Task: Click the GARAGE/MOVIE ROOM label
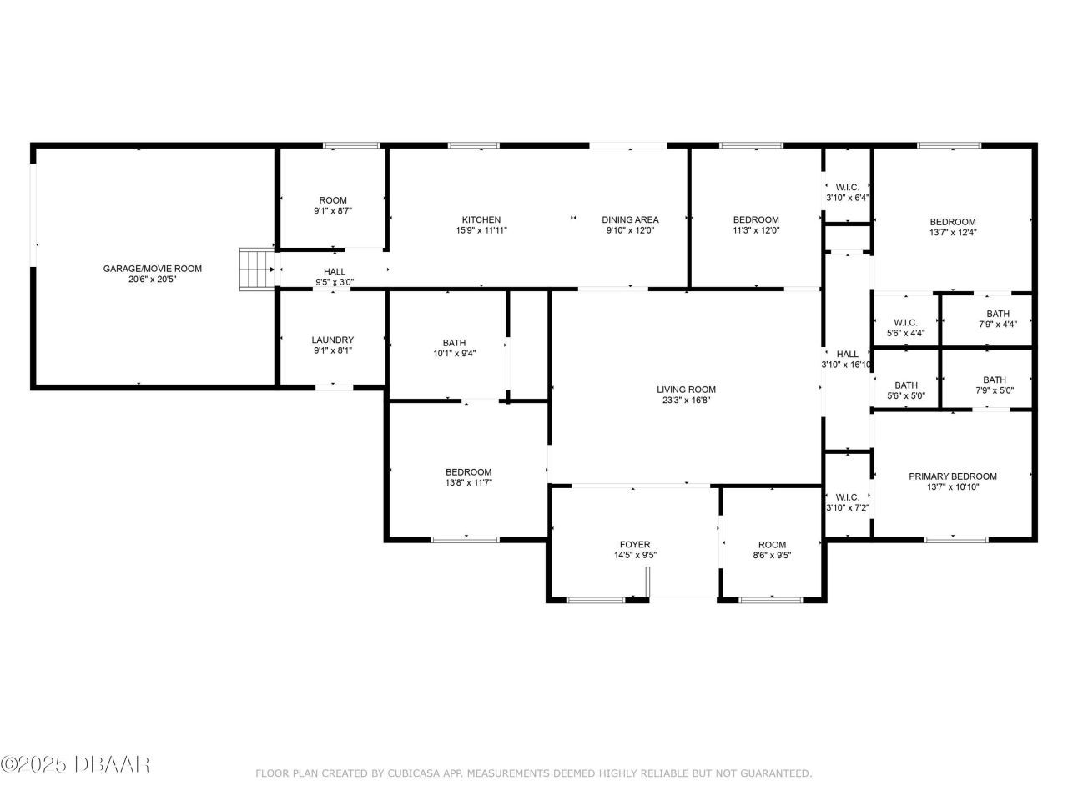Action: pos(153,269)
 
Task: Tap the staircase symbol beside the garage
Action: pos(257,270)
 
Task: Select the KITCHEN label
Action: pos(481,219)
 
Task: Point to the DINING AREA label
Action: pos(630,219)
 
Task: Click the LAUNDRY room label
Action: pos(333,340)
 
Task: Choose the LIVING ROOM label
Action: pos(686,390)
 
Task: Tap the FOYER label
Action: pos(635,544)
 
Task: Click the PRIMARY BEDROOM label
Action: pos(953,476)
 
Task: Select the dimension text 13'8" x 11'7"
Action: pos(469,482)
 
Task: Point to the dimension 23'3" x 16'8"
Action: pos(686,400)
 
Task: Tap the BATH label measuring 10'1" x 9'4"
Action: pos(455,343)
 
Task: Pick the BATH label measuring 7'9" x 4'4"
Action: pos(998,314)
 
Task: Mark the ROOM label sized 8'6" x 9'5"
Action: pos(772,545)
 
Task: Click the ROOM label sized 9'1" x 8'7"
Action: pos(333,200)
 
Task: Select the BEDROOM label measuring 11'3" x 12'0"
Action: pos(756,219)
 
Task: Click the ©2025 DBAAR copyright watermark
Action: pos(75,765)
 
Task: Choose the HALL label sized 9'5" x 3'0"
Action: pos(335,271)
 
